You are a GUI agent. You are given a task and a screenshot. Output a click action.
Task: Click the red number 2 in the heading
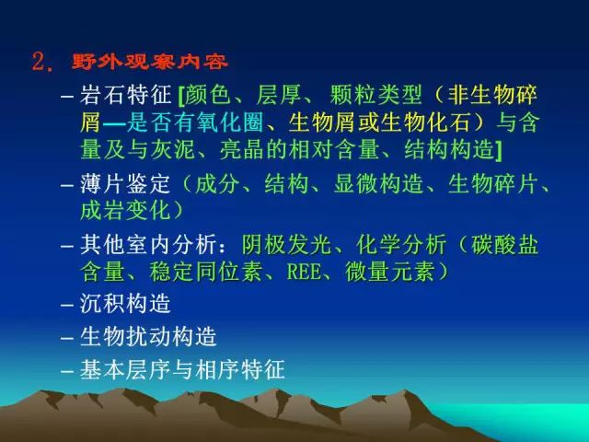pyautogui.click(x=39, y=62)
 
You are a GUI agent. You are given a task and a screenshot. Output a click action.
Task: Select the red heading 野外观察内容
pyautogui.click(x=150, y=62)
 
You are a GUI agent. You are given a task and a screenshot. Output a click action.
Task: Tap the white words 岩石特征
pyautogui.click(x=125, y=94)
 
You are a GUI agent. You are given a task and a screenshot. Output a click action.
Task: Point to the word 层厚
pyautogui.click(x=278, y=94)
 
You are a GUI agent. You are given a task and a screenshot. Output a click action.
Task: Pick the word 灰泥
pyautogui.click(x=173, y=149)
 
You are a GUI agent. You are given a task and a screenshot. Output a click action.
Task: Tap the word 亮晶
pyautogui.click(x=243, y=149)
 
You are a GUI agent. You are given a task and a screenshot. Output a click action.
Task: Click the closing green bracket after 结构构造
pyautogui.click(x=499, y=150)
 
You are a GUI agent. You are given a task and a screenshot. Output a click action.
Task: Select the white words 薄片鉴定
pyautogui.click(x=125, y=184)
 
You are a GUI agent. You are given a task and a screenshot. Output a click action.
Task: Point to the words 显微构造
pyautogui.click(x=378, y=184)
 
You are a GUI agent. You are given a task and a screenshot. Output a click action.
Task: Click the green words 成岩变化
pyautogui.click(x=125, y=210)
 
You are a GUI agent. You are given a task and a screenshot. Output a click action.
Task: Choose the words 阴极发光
pyautogui.click(x=287, y=245)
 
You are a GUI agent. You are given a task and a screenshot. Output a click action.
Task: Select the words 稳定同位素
pyautogui.click(x=205, y=272)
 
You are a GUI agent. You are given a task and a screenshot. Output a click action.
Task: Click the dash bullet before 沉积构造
pyautogui.click(x=67, y=305)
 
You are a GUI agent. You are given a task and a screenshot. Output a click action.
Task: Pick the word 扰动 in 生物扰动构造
pyautogui.click(x=148, y=336)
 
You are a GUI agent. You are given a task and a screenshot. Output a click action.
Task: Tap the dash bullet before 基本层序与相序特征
pyautogui.click(x=67, y=371)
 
